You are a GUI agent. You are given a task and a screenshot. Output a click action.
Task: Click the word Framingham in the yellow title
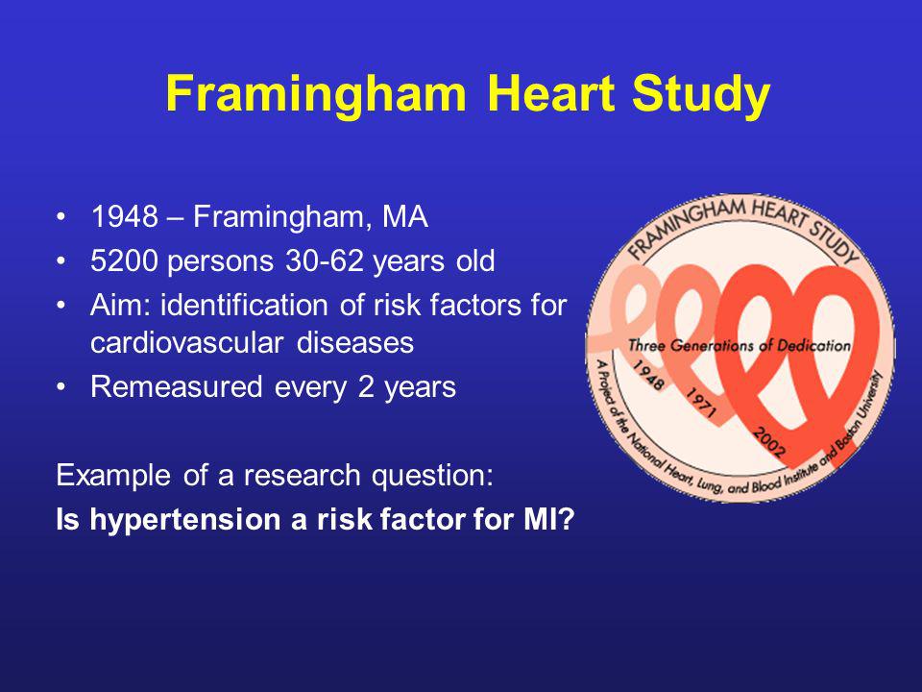tap(316, 95)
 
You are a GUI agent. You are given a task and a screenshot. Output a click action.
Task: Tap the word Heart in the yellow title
tap(551, 93)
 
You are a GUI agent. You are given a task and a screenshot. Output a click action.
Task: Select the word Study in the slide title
tap(701, 95)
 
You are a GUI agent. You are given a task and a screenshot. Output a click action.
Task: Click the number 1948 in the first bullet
tap(125, 216)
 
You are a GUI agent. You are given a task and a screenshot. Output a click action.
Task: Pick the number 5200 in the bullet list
tap(124, 260)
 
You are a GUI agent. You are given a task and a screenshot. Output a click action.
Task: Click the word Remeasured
tap(177, 386)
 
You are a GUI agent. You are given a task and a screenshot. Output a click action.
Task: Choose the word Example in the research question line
tap(113, 475)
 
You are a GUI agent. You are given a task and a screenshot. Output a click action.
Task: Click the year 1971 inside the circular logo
tap(701, 403)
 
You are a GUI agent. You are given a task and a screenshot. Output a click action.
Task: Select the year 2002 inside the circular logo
tap(769, 442)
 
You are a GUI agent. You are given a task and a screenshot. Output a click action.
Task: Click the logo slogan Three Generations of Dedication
tap(740, 345)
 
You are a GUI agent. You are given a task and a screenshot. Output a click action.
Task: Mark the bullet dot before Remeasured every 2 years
tap(61, 387)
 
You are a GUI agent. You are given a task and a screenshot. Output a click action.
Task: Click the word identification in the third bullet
tap(245, 305)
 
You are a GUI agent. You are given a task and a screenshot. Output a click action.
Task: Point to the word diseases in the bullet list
tap(355, 342)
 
